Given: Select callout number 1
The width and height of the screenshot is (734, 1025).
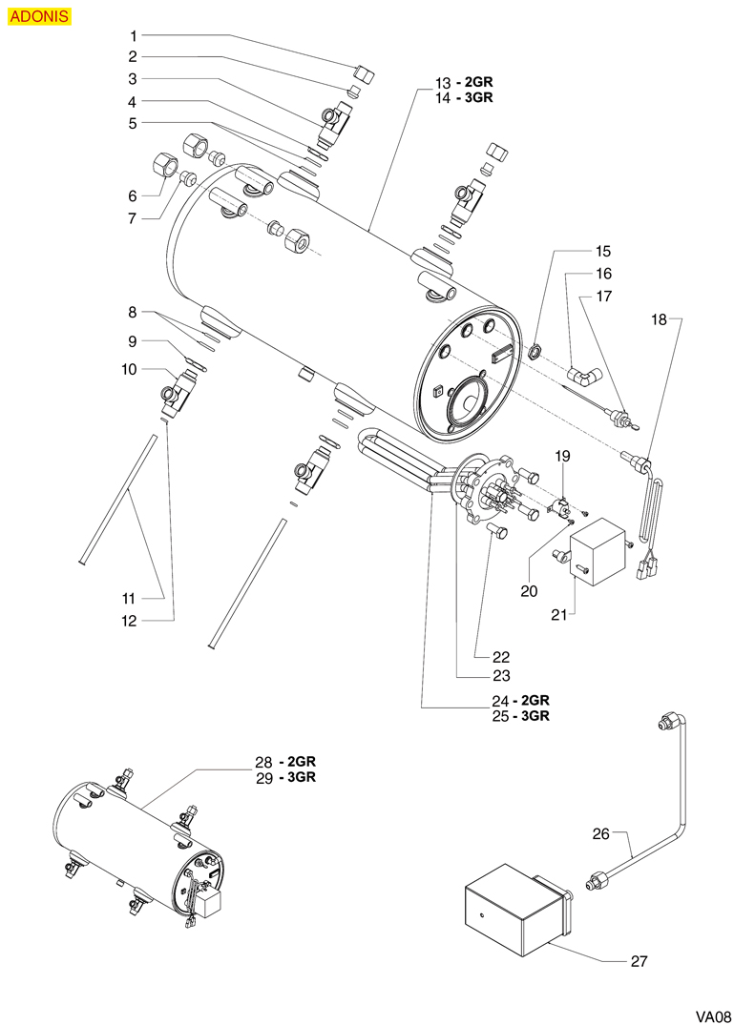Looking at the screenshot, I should click(134, 35).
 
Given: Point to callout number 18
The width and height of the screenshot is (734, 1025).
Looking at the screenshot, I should click(660, 320).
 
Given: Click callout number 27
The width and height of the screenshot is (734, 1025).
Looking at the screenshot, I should click(639, 961).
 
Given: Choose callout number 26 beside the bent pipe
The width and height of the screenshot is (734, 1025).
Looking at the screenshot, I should click(600, 833).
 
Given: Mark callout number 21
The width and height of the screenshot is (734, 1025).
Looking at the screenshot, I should click(560, 616).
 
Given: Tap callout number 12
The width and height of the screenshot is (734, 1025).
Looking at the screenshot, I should click(129, 621).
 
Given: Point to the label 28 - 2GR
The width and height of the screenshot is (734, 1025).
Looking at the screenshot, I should click(284, 762).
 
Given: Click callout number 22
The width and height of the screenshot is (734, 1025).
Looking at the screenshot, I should click(501, 657).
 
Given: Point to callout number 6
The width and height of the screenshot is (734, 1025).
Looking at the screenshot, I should click(134, 195).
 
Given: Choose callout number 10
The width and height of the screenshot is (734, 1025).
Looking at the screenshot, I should click(129, 369).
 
